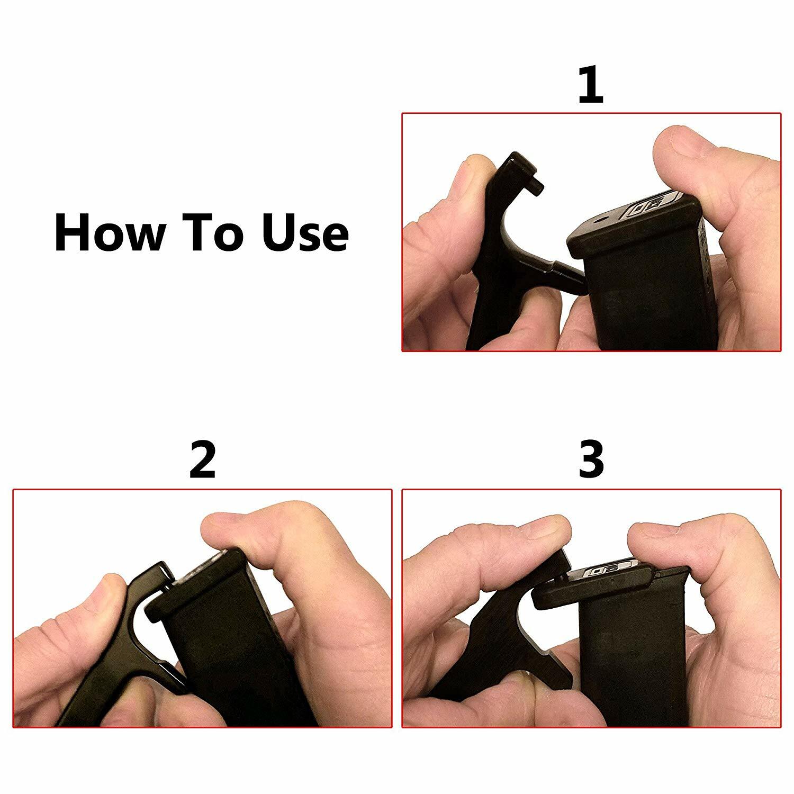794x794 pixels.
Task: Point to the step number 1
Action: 590,85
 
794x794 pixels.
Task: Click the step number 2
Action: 202,461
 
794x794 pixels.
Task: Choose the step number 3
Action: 591,461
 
